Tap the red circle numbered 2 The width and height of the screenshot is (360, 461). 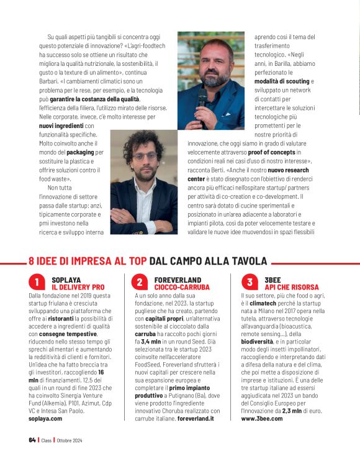tap(140, 282)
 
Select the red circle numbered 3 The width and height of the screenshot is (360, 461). tap(248, 282)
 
